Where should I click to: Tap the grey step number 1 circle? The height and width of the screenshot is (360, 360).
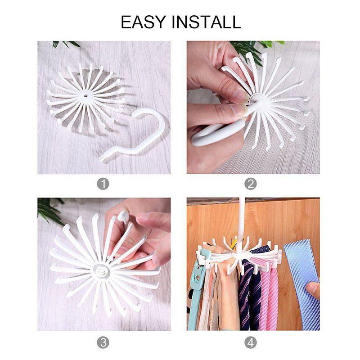[104, 184]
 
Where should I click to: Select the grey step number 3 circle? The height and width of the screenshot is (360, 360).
[104, 342]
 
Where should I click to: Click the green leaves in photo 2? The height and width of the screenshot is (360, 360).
[252, 47]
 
